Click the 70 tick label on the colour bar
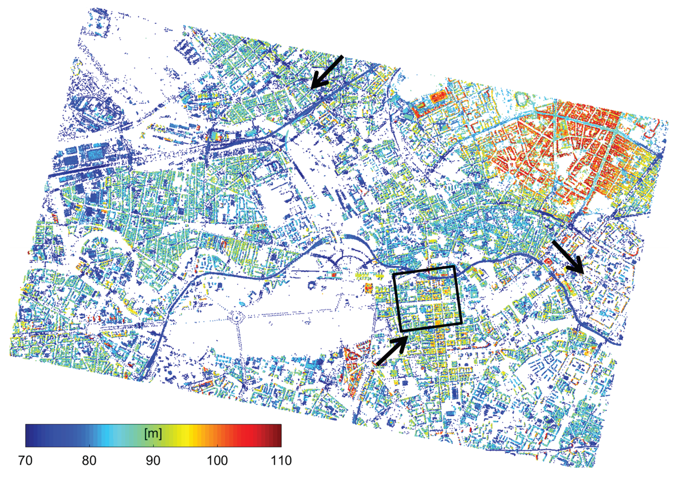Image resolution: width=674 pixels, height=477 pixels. pyautogui.click(x=25, y=461)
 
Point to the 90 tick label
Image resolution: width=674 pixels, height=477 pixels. pyautogui.click(x=153, y=461)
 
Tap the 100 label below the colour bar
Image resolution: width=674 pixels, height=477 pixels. pyautogui.click(x=217, y=461)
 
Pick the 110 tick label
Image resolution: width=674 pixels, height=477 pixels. pyautogui.click(x=281, y=461)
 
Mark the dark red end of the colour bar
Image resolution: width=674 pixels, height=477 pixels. pyautogui.click(x=277, y=436)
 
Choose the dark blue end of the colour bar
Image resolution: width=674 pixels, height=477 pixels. pyautogui.click(x=29, y=436)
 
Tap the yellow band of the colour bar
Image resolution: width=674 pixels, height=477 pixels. pyautogui.click(x=188, y=436)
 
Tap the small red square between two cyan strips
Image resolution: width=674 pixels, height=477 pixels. pyautogui.click(x=334, y=274)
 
